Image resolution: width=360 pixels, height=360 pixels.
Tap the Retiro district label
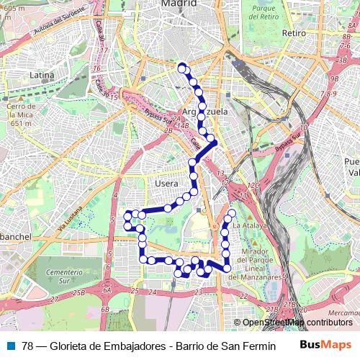tap(294, 33)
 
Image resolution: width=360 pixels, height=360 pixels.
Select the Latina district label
tap(42, 74)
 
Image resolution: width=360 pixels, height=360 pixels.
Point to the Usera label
tap(166, 184)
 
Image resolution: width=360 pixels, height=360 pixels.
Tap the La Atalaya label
tap(249, 225)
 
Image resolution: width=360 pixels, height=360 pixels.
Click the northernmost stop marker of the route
tap(181, 67)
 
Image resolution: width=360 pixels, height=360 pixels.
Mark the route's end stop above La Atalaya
tap(232, 214)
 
